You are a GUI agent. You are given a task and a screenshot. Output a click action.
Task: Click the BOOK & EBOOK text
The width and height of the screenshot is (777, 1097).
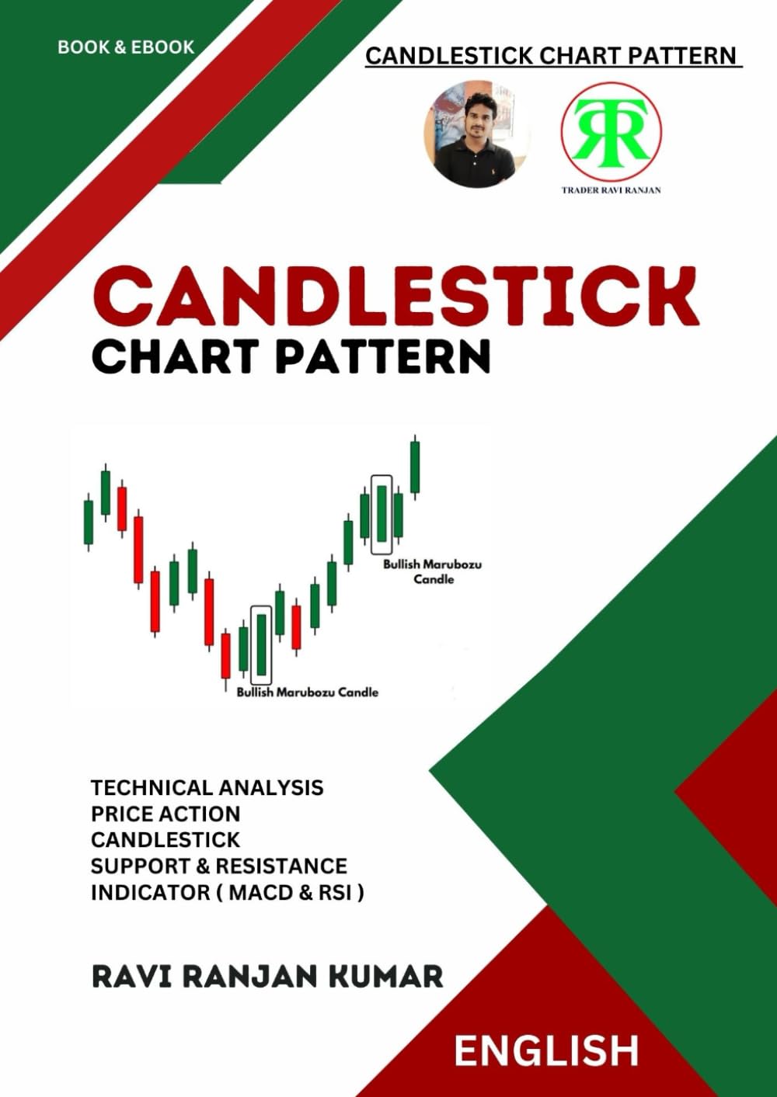click(x=126, y=47)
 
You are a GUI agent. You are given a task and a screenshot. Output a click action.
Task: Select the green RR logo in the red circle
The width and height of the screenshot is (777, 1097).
click(x=611, y=131)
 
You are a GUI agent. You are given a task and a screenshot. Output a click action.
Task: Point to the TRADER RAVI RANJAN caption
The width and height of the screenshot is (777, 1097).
click(x=611, y=189)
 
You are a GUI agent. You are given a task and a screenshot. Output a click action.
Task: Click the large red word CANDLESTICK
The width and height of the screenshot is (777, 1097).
click(x=395, y=297)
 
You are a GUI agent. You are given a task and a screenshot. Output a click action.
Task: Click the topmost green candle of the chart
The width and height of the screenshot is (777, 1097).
click(x=416, y=466)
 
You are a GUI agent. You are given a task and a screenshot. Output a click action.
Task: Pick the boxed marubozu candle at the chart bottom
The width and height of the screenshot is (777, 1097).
click(x=262, y=644)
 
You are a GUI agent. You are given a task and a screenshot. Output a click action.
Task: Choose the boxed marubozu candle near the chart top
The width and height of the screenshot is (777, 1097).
click(x=382, y=513)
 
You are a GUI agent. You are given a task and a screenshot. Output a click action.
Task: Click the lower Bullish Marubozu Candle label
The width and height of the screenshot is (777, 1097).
click(x=308, y=692)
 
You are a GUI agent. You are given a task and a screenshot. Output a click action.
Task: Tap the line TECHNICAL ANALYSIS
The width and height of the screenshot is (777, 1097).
click(x=207, y=788)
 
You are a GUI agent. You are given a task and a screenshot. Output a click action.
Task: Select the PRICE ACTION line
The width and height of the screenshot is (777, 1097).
click(x=166, y=814)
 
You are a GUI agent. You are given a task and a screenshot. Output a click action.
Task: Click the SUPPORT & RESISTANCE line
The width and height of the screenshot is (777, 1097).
click(x=219, y=866)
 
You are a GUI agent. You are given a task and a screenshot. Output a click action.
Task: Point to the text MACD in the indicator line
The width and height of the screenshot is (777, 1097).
click(x=262, y=892)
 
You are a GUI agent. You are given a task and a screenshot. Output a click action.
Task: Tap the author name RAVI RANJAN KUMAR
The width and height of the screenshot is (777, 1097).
click(x=267, y=976)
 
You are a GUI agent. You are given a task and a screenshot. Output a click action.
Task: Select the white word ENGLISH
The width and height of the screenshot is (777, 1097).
click(x=546, y=1051)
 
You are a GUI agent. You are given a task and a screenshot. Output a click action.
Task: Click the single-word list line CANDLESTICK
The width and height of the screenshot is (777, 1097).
click(x=166, y=840)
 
